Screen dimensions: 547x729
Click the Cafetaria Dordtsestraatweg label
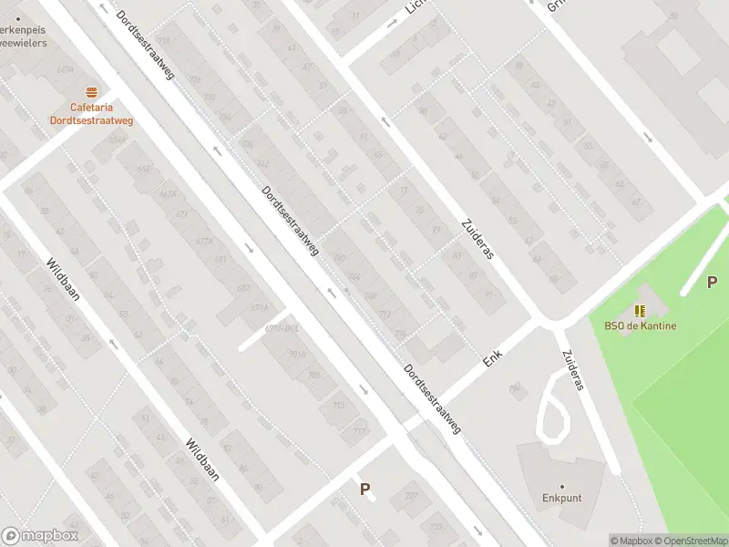point(90,113)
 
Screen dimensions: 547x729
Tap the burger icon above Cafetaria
point(91,92)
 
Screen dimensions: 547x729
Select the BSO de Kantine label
point(640,326)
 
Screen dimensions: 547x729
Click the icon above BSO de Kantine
point(640,311)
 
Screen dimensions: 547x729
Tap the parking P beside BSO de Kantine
point(712,283)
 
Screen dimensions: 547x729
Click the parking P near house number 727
point(364,490)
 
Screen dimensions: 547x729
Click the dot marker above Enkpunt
point(562,486)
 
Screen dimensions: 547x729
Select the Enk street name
point(493,356)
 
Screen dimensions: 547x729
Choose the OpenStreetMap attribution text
point(689,541)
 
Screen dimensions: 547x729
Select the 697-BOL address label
point(282,327)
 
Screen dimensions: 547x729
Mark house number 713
point(338,406)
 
